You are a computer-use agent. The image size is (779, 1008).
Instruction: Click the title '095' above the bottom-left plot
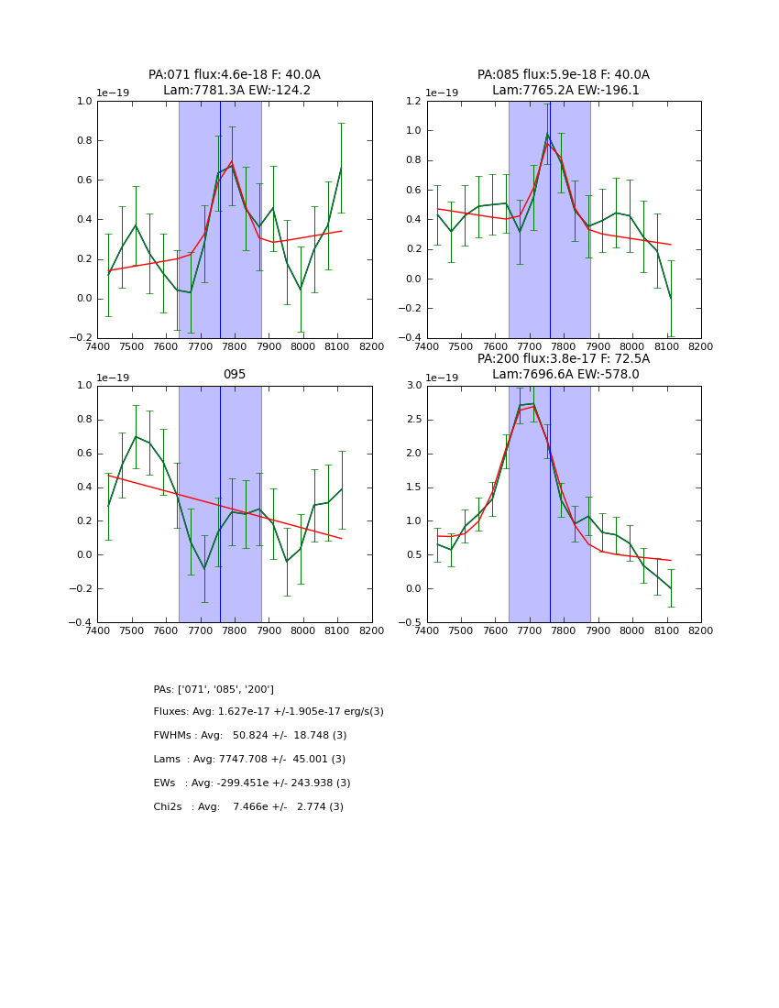[x=235, y=374]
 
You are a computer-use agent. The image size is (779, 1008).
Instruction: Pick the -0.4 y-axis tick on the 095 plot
[x=82, y=622]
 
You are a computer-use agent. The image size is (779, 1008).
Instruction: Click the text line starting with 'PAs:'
[x=214, y=689]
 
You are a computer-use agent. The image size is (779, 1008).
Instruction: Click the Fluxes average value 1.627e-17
[x=246, y=712]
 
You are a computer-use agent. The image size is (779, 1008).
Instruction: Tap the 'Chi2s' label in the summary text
[x=168, y=806]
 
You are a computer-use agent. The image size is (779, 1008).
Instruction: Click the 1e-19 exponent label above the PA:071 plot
[x=114, y=93]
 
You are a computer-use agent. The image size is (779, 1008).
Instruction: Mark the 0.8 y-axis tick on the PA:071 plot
[x=83, y=140]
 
